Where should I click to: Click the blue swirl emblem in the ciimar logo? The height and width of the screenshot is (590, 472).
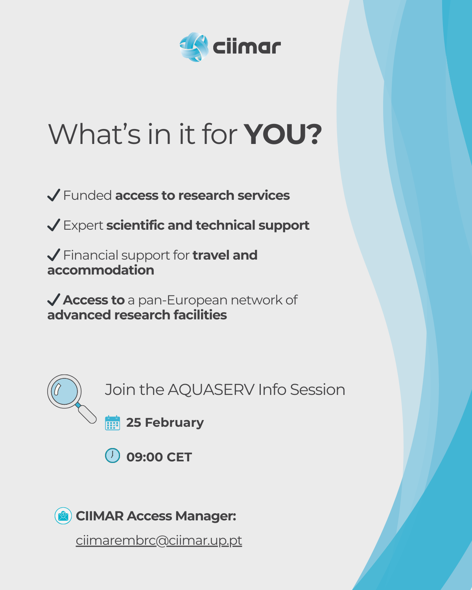194,47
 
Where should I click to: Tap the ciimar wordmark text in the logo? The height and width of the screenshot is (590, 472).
247,47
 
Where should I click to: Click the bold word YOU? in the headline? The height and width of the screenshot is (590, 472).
283,134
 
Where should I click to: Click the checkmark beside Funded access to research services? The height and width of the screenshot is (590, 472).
54,195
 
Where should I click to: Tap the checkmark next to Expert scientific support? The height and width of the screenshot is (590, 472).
54,225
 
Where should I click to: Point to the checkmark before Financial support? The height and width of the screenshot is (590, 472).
54,255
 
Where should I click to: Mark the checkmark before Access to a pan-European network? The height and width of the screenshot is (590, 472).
54,300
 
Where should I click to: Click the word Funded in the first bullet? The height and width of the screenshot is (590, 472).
87,195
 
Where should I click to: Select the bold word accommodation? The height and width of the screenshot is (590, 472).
101,270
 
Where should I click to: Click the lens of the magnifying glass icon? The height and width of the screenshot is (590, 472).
64,391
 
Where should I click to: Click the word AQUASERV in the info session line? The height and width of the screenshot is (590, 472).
211,390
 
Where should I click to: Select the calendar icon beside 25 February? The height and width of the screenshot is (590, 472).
112,423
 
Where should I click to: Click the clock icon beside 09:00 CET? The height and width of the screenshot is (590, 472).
112,455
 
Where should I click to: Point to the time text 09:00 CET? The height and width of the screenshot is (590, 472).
159,457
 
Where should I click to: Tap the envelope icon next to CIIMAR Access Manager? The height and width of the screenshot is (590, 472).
63,516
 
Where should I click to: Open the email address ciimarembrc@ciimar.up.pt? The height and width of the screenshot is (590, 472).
159,540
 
